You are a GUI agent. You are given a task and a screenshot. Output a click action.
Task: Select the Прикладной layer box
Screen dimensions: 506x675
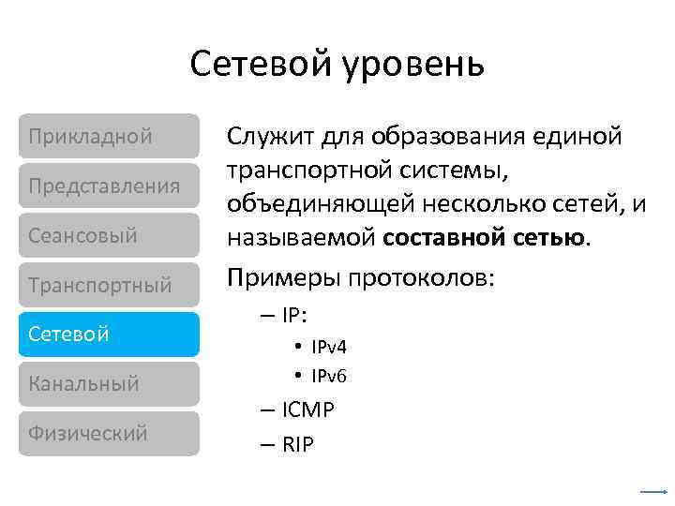[x=109, y=136]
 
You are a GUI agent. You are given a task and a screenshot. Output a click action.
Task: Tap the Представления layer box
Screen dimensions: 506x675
[x=109, y=186]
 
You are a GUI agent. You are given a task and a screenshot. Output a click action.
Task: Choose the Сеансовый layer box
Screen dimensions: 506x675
[x=109, y=235]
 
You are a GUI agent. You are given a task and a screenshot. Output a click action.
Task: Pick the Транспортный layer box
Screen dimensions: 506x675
[x=109, y=285]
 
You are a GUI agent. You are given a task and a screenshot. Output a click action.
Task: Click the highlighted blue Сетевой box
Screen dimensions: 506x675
[x=109, y=335]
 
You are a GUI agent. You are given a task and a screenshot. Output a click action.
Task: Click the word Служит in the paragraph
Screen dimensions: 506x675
[x=270, y=137]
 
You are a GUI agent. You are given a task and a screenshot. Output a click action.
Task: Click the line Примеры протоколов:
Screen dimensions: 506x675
[x=360, y=278]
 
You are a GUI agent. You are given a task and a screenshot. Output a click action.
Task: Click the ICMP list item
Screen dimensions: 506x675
[x=307, y=410]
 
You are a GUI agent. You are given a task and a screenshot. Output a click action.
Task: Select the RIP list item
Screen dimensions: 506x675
[x=298, y=443]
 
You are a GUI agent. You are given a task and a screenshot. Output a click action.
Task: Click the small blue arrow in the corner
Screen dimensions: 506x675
[x=652, y=491]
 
